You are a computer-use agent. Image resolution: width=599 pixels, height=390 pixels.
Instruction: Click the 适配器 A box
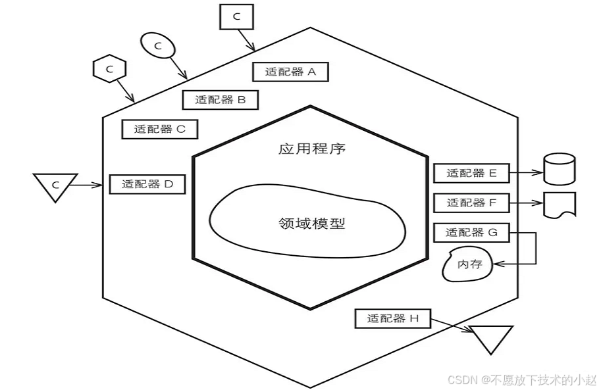coord(290,72)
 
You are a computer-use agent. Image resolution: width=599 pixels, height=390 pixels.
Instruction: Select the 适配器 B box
coord(220,100)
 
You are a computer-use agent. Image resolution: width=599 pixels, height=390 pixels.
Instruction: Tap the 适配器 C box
coord(160,129)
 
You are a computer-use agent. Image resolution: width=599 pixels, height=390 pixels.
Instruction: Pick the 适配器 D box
coord(147,184)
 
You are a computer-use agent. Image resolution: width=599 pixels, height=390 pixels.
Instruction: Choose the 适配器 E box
coord(471,174)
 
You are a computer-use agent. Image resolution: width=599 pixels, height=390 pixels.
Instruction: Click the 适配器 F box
coord(471,203)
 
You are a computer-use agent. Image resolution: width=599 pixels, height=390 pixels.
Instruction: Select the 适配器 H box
coord(392,319)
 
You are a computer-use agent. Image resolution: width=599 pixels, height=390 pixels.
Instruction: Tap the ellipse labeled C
coord(158,45)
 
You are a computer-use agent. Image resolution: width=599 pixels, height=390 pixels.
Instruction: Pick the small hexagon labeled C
coord(110,68)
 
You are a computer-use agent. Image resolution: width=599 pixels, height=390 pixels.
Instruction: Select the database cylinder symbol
coord(560,170)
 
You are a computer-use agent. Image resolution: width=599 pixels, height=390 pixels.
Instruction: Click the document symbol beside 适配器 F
coord(560,205)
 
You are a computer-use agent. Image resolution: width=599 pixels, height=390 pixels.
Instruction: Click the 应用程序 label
coord(312,149)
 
